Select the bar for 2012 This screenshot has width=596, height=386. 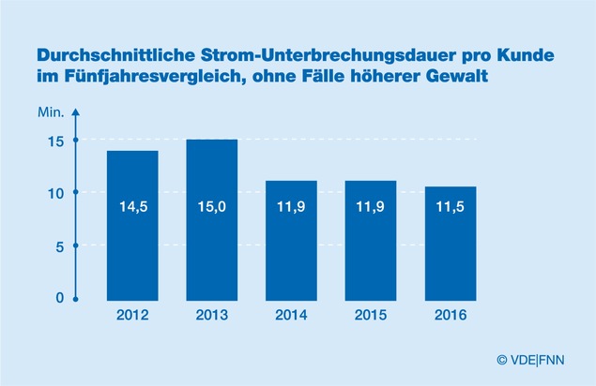pyautogui.click(x=131, y=225)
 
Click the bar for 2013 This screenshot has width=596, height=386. pyautogui.click(x=211, y=219)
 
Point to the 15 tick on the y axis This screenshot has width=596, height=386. pyautogui.click(x=57, y=141)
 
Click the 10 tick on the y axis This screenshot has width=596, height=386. pyautogui.click(x=57, y=193)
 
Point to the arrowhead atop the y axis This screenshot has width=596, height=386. pyautogui.click(x=76, y=113)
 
